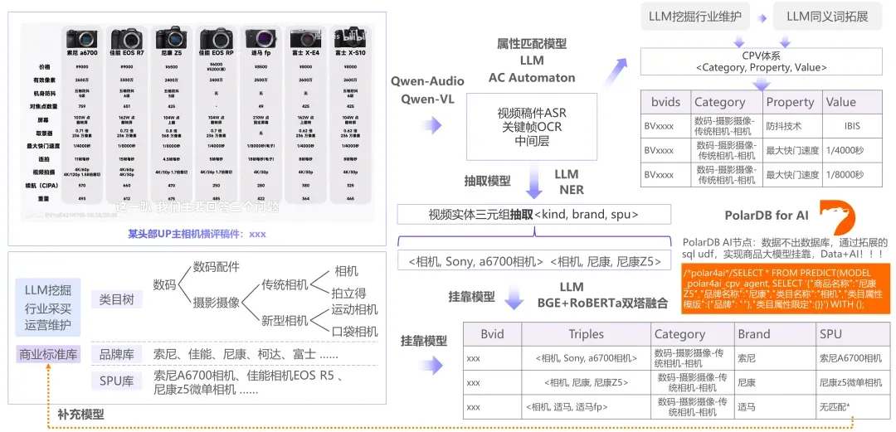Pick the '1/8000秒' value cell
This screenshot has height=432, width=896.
click(845, 176)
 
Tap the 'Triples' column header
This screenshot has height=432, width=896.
click(586, 334)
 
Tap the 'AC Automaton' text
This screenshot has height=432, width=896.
click(532, 77)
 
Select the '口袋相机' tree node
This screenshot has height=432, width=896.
click(354, 332)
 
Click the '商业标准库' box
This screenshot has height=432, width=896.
click(47, 354)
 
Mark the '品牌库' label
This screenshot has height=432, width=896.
click(115, 354)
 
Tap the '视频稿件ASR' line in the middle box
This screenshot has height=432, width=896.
click(531, 113)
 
